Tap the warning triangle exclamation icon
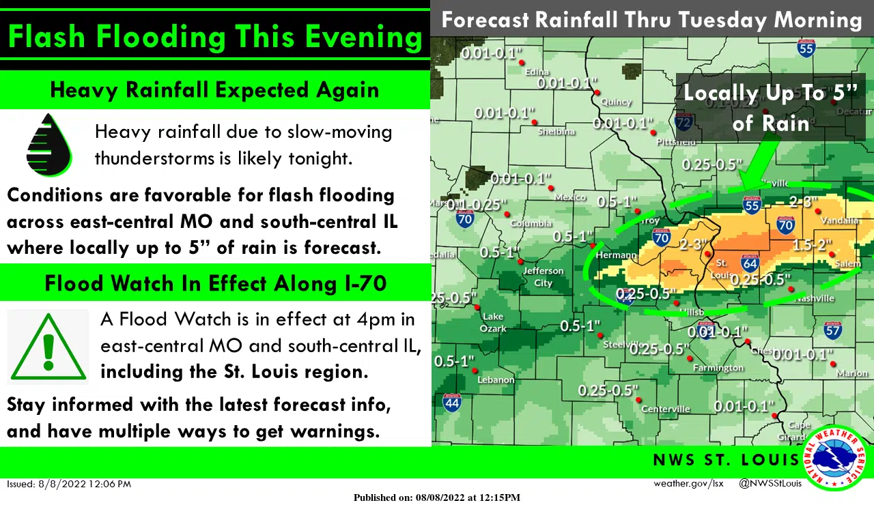[x=48, y=347]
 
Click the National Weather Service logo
[x=835, y=458]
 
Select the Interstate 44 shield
[x=451, y=402]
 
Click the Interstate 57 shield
[x=832, y=331]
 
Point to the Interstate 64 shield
[x=750, y=263]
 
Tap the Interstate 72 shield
[x=683, y=123]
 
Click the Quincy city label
[x=616, y=102]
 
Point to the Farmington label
[x=718, y=368]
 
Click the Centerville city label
[x=666, y=409]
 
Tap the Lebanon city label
[x=496, y=379]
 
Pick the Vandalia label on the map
[x=841, y=220]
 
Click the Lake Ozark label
[x=493, y=322]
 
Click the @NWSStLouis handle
[x=770, y=484]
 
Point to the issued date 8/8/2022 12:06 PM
[x=69, y=484]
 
